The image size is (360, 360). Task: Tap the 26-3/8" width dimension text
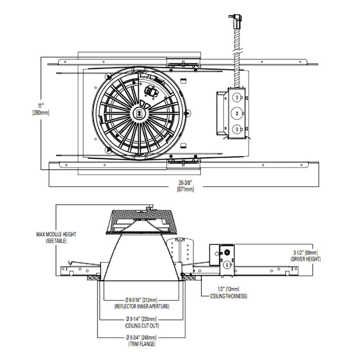coord(185,183)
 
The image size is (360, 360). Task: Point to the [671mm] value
coord(185,189)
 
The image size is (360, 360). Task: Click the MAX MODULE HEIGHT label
coord(56,235)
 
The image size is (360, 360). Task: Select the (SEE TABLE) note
coord(56,241)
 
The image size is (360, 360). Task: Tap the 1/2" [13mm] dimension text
coord(228,290)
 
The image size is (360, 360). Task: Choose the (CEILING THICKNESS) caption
coord(228,296)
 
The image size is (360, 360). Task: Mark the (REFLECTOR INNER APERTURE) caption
coord(141,306)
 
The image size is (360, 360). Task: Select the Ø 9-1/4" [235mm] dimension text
coord(141,319)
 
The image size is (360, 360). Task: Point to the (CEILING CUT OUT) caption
coord(141,325)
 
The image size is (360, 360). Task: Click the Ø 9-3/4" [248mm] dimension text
coord(141,337)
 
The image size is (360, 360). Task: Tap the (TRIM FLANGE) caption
coord(141,344)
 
